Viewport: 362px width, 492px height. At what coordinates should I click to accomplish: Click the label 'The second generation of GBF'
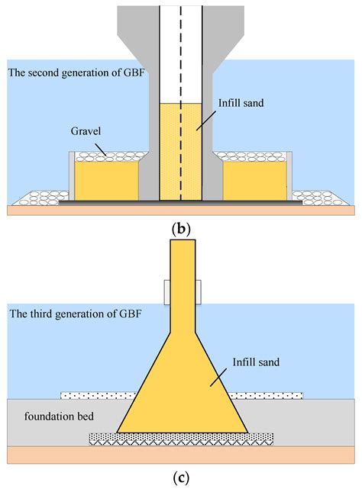pyautogui.click(x=76, y=72)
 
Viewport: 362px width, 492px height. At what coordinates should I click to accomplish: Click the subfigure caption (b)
pyautogui.click(x=180, y=227)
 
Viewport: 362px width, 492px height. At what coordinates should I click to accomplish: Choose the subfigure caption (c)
pyautogui.click(x=180, y=479)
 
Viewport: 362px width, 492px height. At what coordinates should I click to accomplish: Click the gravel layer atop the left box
pyautogui.click(x=108, y=156)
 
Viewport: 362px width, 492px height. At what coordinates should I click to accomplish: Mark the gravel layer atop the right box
pyautogui.click(x=254, y=156)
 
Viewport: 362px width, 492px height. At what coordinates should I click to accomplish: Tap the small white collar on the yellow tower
pyautogui.click(x=180, y=290)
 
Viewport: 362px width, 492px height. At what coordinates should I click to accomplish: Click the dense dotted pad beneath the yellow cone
pyautogui.click(x=180, y=439)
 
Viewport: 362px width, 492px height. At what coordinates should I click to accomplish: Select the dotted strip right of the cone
pyautogui.click(x=267, y=395)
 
